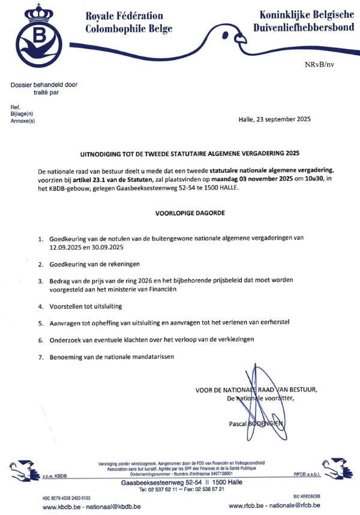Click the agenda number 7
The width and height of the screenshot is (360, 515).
point(57,358)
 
